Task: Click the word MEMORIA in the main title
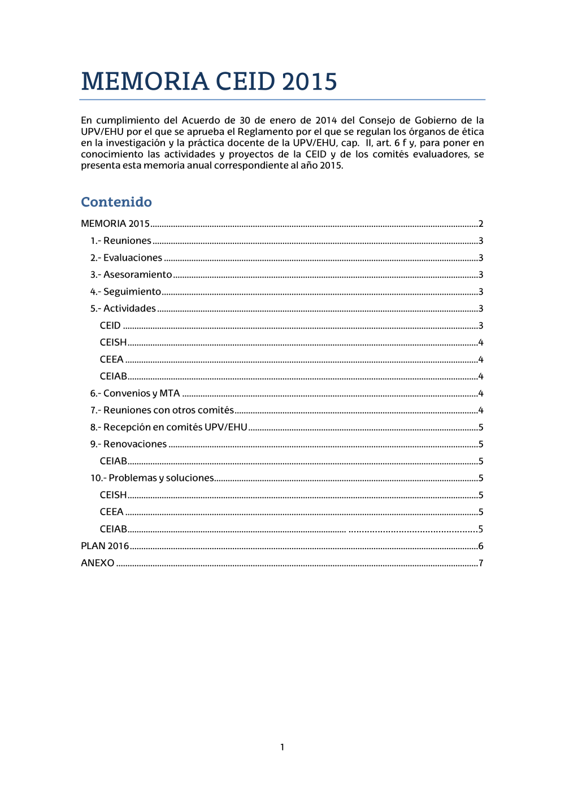(x=145, y=82)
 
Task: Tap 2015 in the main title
(x=310, y=82)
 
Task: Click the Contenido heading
(x=116, y=202)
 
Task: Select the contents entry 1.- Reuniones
(x=121, y=241)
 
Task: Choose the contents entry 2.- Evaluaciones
(x=127, y=258)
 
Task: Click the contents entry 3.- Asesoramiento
(x=131, y=275)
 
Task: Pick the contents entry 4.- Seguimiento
(x=126, y=292)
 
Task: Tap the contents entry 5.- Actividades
(x=123, y=309)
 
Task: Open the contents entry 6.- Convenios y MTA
(x=135, y=393)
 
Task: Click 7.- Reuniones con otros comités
(x=162, y=410)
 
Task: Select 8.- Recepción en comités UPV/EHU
(x=169, y=427)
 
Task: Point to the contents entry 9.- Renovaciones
(x=129, y=444)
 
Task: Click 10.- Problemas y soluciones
(x=153, y=478)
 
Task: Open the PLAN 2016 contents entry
(x=105, y=546)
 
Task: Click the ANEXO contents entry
(x=98, y=563)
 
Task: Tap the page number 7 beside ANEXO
(x=481, y=563)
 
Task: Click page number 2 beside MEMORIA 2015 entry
(x=481, y=224)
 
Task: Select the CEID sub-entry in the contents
(x=110, y=326)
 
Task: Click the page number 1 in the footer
(x=282, y=747)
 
